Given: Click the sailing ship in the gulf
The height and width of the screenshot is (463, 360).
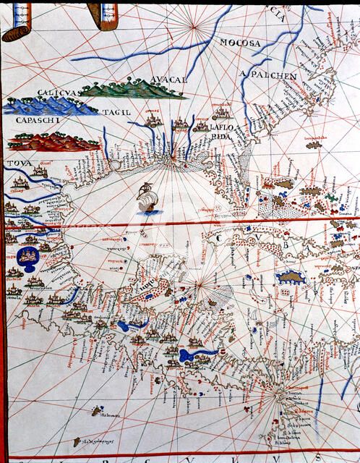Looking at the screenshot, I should [x=147, y=199].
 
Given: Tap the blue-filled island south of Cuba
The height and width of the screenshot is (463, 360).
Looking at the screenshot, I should [x=291, y=276].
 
